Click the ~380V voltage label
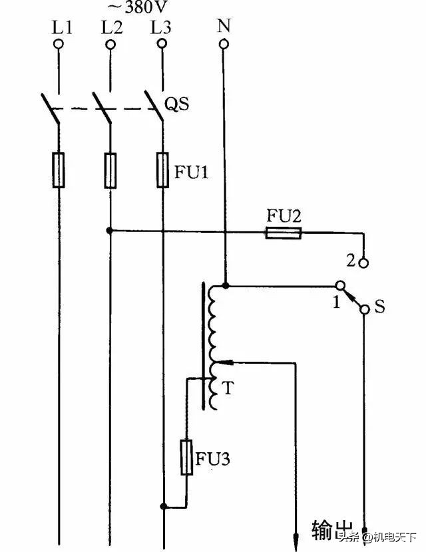pyautogui.click(x=138, y=7)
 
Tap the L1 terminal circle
pyautogui.click(x=59, y=45)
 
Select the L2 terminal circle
pyautogui.click(x=109, y=45)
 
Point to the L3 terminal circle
pyautogui.click(x=160, y=45)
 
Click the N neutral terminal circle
pyautogui.click(x=224, y=45)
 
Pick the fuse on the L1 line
pyautogui.click(x=59, y=170)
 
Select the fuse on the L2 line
pyautogui.click(x=109, y=170)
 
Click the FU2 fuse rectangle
pyautogui.click(x=284, y=233)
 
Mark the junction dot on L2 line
pyautogui.click(x=109, y=231)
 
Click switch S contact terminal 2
pyautogui.click(x=363, y=263)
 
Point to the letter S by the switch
pyautogui.click(x=380, y=308)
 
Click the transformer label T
pyautogui.click(x=228, y=388)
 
